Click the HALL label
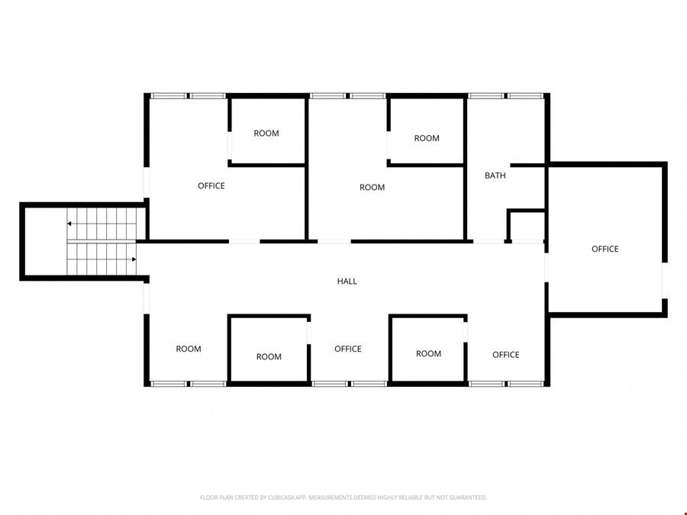[x=347, y=281]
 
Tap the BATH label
[x=495, y=175]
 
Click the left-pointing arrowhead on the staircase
[x=69, y=224]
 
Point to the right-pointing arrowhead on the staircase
[x=134, y=259]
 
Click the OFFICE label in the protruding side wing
[x=605, y=249]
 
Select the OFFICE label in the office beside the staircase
[x=211, y=186]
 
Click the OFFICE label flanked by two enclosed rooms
[x=348, y=349]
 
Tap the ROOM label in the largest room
[x=372, y=188]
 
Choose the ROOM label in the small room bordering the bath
[x=427, y=138]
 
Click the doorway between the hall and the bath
[x=489, y=241]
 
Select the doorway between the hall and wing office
[x=547, y=268]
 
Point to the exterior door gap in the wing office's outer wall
[x=665, y=280]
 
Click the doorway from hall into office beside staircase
[x=244, y=241]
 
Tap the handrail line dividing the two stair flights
[x=102, y=241]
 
